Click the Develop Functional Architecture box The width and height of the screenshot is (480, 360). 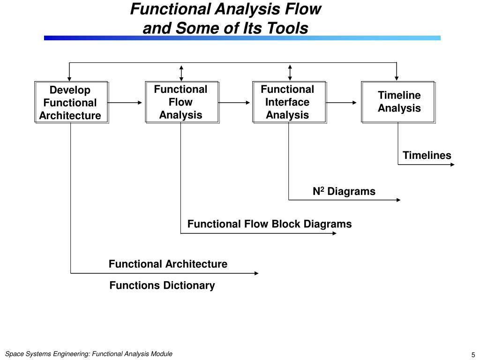72,102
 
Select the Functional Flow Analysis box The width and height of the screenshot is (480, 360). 182,102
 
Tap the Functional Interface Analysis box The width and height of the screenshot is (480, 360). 290,102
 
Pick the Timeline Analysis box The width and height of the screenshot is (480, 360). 398,102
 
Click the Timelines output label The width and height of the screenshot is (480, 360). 427,155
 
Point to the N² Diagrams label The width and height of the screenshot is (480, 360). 344,191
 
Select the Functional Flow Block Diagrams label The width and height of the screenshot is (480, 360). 270,224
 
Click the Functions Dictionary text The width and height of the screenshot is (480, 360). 162,285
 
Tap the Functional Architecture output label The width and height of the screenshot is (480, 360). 168,264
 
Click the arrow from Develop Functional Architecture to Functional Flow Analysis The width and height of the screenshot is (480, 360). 125,103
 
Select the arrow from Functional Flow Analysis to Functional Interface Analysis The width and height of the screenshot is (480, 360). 234,103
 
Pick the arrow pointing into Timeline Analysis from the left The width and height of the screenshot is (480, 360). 341,103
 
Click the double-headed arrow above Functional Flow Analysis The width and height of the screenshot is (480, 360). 181,73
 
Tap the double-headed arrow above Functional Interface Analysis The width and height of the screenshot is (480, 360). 290,73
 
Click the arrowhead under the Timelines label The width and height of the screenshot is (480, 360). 452,165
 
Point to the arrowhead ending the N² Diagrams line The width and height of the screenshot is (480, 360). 398,200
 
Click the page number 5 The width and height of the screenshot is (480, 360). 473,355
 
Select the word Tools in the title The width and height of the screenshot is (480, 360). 287,28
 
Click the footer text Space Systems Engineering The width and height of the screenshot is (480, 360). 47,354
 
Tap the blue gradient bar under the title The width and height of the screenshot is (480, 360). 242,38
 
